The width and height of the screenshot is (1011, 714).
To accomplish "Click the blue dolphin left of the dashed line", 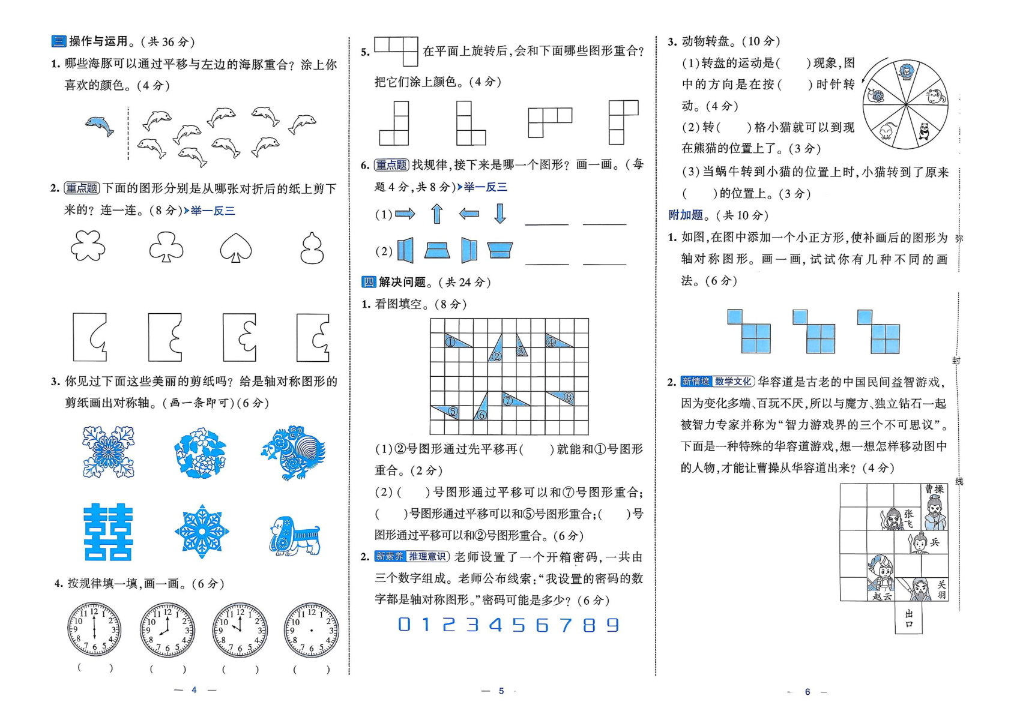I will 100,125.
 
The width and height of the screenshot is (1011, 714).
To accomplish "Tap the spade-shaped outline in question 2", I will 236,248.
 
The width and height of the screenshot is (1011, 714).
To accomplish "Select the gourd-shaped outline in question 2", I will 312,248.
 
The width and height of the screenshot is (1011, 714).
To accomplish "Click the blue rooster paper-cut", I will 294,452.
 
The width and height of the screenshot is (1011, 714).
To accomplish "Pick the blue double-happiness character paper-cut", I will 108,532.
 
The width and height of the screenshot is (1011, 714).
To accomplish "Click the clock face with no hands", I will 311,630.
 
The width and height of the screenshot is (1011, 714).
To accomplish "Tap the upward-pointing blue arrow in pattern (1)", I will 437,214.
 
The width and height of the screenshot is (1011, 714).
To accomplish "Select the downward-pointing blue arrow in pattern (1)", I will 499,214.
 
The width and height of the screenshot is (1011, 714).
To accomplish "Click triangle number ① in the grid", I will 456,341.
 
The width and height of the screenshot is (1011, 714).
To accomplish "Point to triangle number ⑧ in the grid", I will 562,397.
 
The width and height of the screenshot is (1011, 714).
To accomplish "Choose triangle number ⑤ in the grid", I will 447,411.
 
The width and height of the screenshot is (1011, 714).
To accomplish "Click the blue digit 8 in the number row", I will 589,625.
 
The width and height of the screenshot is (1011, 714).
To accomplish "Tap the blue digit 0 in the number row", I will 404,625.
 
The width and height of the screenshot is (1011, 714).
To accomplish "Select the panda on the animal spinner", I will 923,131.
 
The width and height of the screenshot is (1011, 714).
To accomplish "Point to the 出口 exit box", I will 908,618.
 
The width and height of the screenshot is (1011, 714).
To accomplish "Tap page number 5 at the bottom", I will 501,691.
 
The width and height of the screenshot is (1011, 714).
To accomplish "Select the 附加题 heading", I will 686,215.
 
